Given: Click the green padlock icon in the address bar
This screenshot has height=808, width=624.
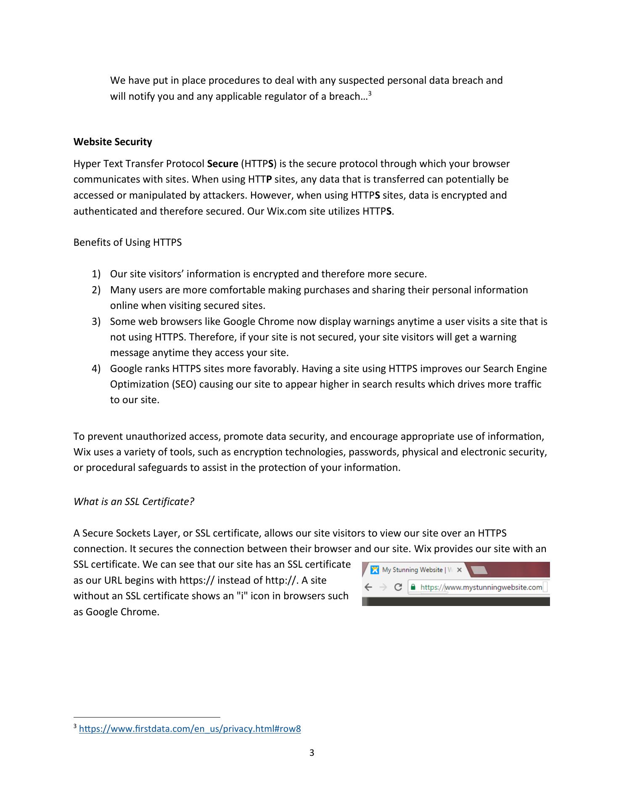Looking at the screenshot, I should point(413,587).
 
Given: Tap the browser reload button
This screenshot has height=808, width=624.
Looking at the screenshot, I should point(398,587).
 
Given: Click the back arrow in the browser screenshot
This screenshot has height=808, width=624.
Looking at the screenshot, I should point(369,587).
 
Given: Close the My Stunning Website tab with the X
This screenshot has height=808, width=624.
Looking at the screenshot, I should point(459,570).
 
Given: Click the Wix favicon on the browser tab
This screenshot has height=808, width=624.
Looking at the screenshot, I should point(374,570).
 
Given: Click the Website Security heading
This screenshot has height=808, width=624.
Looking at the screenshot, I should point(113,142).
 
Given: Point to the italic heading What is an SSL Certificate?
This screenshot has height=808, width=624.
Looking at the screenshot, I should point(134,502).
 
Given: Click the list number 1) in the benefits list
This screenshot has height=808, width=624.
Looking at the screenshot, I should point(96,274).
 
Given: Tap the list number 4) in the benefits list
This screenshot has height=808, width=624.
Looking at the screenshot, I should point(96,369).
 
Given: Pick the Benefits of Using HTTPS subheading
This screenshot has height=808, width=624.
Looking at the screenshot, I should point(127,242).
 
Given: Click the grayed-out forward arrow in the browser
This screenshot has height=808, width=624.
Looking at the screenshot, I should point(383,587).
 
